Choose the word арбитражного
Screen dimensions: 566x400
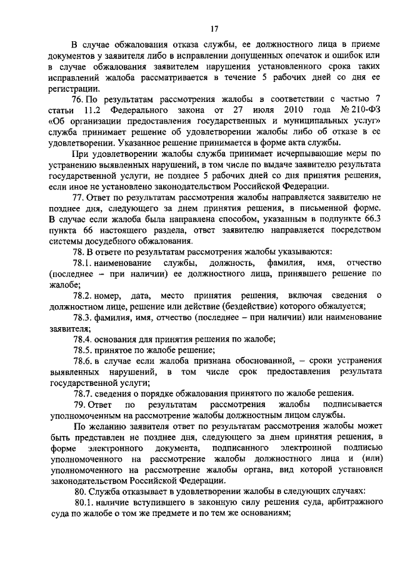(x=352, y=502)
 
